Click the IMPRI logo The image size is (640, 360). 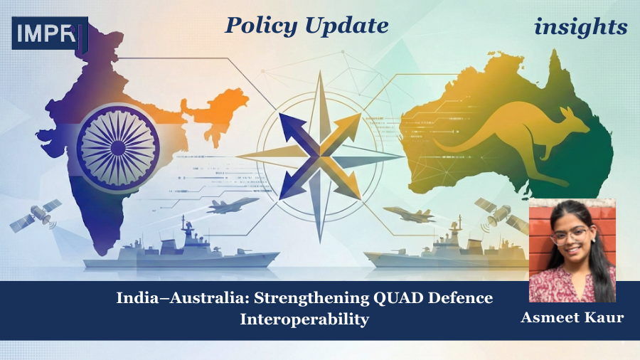[49, 33]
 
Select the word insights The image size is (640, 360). [581, 27]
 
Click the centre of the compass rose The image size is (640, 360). [320, 151]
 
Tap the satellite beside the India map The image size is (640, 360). [35, 216]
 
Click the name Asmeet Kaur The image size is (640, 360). [572, 317]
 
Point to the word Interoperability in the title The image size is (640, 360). [304, 319]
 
